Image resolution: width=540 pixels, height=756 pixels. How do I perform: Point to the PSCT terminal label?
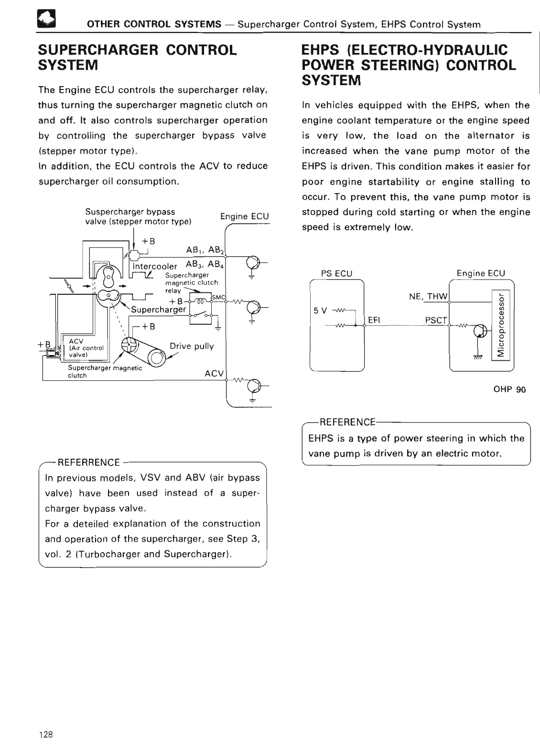436,320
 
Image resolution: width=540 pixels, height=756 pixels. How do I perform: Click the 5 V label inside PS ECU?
320,310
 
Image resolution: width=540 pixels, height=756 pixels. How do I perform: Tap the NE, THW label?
428,296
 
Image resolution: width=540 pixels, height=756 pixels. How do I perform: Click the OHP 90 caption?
509,389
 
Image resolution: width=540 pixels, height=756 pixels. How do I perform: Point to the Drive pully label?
192,346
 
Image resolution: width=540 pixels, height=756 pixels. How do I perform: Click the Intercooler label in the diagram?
155,266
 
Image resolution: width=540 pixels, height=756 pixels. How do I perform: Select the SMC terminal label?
218,298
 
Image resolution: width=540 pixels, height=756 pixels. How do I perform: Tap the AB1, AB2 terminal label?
205,250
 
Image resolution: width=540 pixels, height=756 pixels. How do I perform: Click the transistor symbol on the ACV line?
253,385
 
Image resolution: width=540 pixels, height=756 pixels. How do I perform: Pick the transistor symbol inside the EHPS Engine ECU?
480,331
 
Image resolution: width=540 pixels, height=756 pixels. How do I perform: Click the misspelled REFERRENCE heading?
88,462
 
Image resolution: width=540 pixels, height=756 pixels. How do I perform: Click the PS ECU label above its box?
336,273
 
